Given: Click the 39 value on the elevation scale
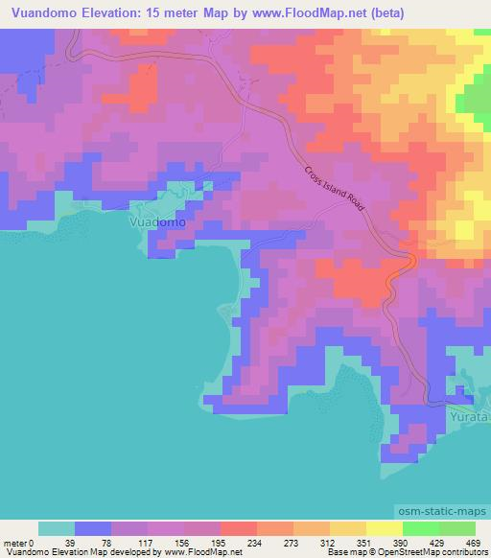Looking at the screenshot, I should click(75, 542).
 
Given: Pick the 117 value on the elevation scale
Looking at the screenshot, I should click(150, 542).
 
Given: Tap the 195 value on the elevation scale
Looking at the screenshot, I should click(222, 542).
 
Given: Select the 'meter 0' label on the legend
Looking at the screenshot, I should click(20, 542).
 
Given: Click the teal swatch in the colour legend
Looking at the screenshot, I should click(57, 528).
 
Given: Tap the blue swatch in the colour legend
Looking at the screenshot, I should click(93, 528).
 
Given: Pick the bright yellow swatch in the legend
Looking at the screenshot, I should click(385, 528).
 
